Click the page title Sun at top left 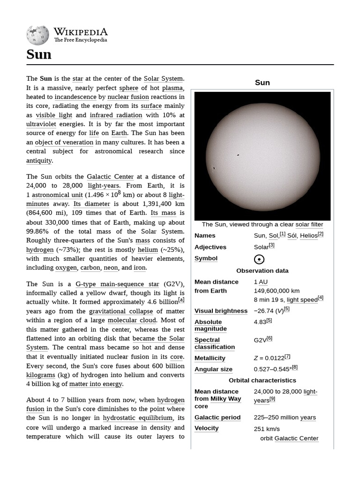click(39, 55)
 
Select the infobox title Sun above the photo click(262, 82)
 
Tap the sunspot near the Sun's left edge click(214, 167)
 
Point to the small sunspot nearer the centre click(238, 155)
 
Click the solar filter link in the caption click(309, 225)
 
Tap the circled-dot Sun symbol click(259, 259)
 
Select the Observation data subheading click(262, 270)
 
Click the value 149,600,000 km click(277, 291)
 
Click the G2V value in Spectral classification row click(260, 340)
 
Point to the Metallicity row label click(210, 358)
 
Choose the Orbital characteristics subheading click(262, 380)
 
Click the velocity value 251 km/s click(267, 428)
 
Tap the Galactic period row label click(217, 417)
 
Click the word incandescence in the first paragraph click(75, 97)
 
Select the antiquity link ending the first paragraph click(39, 160)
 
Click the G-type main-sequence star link click(117, 284)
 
